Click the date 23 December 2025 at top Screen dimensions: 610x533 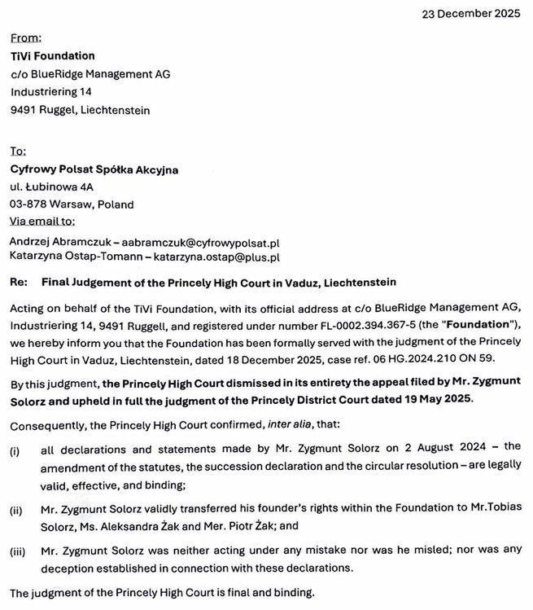tap(471, 14)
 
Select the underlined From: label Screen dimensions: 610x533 tap(25, 37)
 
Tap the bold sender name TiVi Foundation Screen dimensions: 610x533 tap(52, 56)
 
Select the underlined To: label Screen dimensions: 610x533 tap(18, 151)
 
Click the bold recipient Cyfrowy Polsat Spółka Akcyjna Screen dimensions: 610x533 tap(94, 169)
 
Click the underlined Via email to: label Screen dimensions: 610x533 tap(42, 221)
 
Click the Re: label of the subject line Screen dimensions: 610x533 tap(19, 283)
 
